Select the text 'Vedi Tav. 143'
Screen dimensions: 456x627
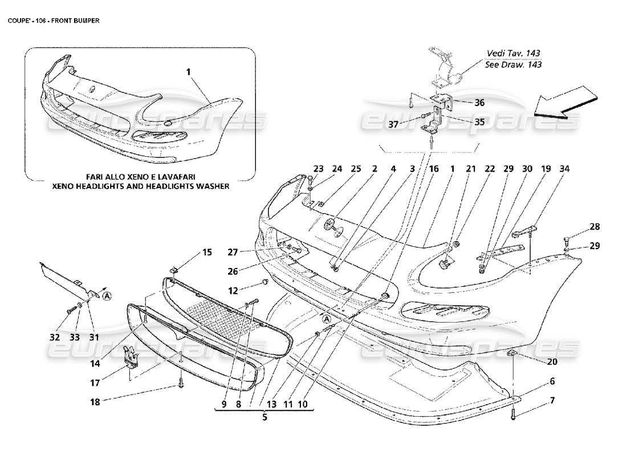pyautogui.click(x=513, y=53)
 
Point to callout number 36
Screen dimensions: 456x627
pyautogui.click(x=479, y=103)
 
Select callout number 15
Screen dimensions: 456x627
pyautogui.click(x=207, y=252)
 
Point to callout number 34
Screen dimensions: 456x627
pyautogui.click(x=564, y=169)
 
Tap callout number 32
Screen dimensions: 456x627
pyautogui.click(x=55, y=337)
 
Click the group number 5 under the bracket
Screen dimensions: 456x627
pyautogui.click(x=264, y=416)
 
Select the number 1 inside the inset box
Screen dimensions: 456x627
pyautogui.click(x=188, y=72)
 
